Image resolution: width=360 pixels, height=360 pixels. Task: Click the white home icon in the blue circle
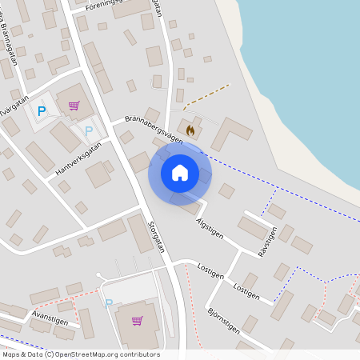pos(180,172)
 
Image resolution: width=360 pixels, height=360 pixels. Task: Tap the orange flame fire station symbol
pos(190,129)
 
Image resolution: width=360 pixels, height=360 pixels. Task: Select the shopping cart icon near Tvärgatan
pos(74,106)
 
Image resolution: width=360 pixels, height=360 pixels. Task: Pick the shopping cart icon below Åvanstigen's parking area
pos(137,321)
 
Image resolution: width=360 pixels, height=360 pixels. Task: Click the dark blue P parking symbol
pos(42,112)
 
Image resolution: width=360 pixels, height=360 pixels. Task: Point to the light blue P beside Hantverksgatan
pos(89,130)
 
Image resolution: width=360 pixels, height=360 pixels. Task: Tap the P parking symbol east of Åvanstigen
pos(109,302)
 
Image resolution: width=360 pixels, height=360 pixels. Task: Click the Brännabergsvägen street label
pos(154,130)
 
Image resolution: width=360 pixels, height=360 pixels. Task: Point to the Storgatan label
pos(157,237)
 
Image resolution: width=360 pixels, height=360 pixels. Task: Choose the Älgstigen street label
pos(210,226)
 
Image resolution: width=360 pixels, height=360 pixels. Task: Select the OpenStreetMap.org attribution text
pos(106,354)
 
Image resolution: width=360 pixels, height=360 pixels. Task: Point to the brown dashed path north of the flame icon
pos(206,97)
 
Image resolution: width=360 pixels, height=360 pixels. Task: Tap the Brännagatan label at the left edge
pos(11,36)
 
